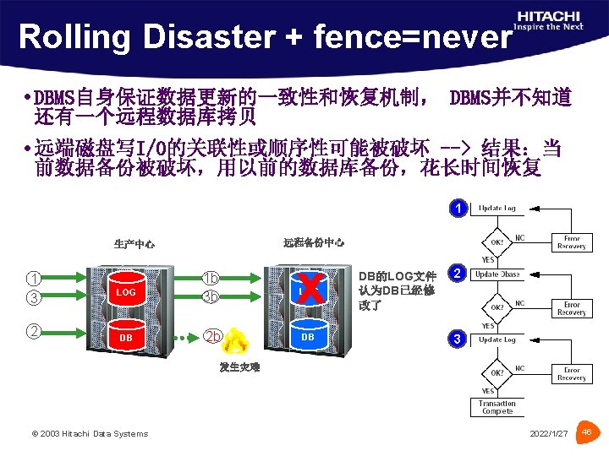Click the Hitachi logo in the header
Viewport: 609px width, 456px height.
(549, 20)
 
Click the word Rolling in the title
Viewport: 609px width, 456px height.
(69, 37)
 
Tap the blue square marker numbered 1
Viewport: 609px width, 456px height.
(457, 208)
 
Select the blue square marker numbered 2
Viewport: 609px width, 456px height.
(457, 274)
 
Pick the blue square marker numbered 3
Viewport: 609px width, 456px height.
(457, 339)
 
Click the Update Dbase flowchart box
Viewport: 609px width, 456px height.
(497, 274)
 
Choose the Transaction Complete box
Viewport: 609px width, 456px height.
(497, 407)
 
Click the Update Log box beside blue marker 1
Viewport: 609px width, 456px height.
(497, 208)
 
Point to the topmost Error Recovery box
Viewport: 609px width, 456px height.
(572, 242)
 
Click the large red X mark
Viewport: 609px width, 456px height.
(310, 290)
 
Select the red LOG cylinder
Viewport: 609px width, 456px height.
(126, 291)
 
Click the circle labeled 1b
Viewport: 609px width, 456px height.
(211, 279)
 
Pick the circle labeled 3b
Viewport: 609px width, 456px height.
(211, 296)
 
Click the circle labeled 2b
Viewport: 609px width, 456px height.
(213, 336)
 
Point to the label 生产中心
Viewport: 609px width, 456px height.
(134, 245)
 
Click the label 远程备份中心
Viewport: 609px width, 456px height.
(313, 242)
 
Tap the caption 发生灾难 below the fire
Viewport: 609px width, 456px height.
(239, 367)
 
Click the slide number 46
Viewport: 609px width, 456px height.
(588, 432)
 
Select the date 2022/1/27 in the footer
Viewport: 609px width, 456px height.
(549, 433)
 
